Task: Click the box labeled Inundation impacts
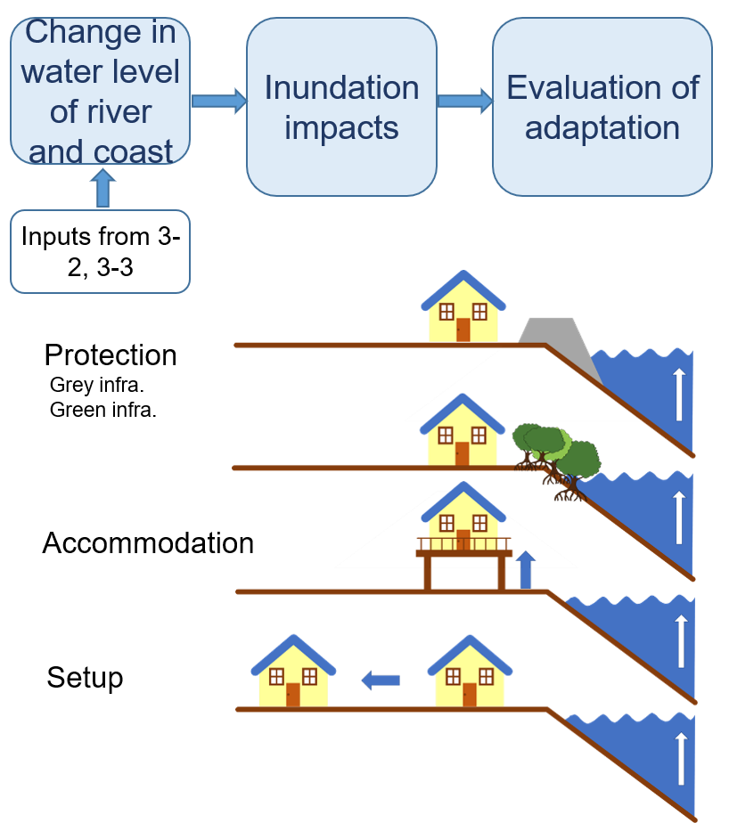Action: pyautogui.click(x=341, y=107)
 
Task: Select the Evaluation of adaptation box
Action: pyautogui.click(x=602, y=107)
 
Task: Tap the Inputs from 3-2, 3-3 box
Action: pyautogui.click(x=100, y=251)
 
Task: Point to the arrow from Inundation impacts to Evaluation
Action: pyautogui.click(x=464, y=100)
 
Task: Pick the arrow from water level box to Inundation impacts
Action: pyautogui.click(x=218, y=100)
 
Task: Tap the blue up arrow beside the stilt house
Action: pyautogui.click(x=526, y=570)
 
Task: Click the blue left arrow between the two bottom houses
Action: pyautogui.click(x=381, y=680)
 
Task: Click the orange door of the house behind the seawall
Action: pyautogui.click(x=463, y=330)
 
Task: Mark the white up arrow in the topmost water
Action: pyautogui.click(x=680, y=394)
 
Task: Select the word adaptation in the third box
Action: pyautogui.click(x=602, y=127)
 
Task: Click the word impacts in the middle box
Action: pyautogui.click(x=341, y=127)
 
